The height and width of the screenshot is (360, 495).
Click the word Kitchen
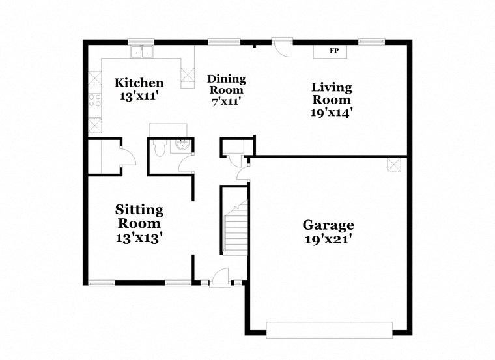tap(139, 83)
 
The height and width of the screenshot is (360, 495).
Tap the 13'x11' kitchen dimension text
tap(139, 96)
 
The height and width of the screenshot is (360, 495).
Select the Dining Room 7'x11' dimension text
tap(226, 102)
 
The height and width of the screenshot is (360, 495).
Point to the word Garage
tap(328, 225)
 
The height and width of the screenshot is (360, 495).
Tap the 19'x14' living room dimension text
tap(331, 111)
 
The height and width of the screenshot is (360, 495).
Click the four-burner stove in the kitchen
tap(96, 100)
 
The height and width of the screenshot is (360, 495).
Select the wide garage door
tap(330, 329)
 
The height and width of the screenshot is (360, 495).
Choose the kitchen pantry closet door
tap(127, 156)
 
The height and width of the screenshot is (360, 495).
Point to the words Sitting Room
tap(139, 216)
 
